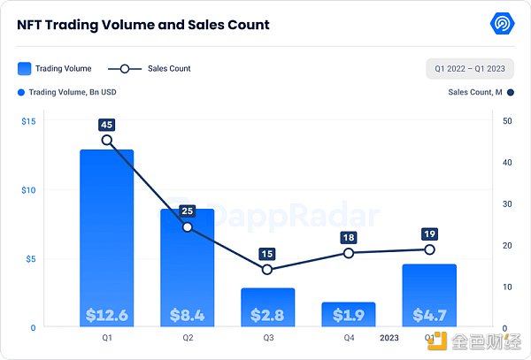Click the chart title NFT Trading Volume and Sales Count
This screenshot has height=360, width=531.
[x=143, y=25]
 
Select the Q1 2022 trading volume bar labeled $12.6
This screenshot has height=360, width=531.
[x=107, y=239]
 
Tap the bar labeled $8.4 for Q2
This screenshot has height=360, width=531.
[x=187, y=265]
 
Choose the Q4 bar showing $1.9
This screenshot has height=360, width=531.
[x=349, y=314]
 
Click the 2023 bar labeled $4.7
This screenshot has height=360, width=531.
[x=429, y=296]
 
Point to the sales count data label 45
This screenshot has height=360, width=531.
[x=107, y=124]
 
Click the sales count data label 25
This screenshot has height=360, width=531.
[x=187, y=211]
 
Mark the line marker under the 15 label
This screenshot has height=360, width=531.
[x=267, y=270]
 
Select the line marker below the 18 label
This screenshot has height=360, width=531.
[x=349, y=253]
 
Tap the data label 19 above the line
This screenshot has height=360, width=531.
[x=429, y=234]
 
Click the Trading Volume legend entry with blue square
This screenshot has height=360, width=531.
[x=54, y=68]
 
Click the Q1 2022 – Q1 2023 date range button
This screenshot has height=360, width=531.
[x=469, y=68]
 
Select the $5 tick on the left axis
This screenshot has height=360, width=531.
[x=29, y=259]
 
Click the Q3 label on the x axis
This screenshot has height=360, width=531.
[x=267, y=338]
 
